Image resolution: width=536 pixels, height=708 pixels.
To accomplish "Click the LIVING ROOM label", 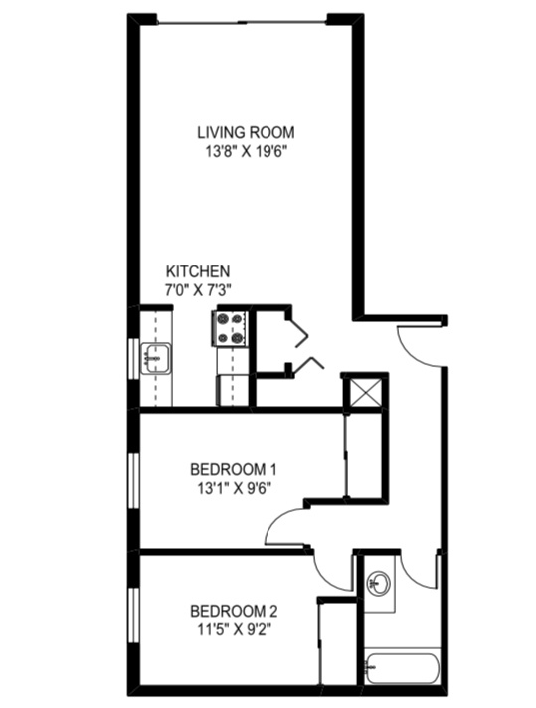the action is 246,133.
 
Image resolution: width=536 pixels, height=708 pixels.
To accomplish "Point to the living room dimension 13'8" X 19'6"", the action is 247,152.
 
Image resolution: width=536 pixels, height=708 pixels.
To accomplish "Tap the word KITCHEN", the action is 198,271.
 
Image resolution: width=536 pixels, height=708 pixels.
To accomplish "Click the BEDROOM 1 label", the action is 234,469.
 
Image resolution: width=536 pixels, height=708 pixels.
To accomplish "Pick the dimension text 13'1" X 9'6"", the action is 234,488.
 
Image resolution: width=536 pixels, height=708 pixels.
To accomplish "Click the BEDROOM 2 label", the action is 234,611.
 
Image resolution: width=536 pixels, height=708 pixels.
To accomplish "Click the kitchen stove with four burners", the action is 231,329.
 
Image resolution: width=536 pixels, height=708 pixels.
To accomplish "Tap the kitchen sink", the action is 156,359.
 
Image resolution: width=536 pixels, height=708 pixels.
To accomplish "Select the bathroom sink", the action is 379,583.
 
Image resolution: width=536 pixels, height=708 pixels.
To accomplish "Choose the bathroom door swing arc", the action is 416,576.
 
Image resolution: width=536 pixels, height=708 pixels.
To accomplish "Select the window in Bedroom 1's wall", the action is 133,481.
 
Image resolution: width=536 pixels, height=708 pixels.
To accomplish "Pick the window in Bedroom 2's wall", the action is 133,616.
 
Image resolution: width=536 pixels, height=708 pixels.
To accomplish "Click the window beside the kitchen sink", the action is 133,358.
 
